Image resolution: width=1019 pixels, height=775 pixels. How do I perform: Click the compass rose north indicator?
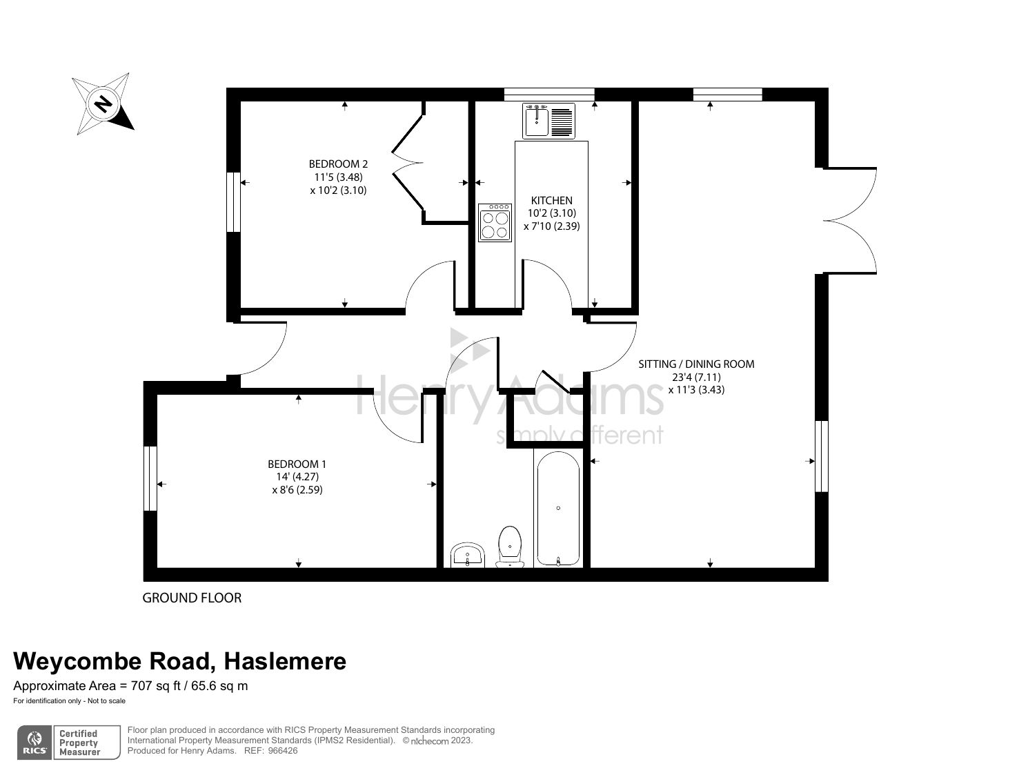click(103, 104)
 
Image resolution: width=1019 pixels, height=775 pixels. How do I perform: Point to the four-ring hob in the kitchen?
click(495, 222)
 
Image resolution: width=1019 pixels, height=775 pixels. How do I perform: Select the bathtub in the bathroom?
click(557, 509)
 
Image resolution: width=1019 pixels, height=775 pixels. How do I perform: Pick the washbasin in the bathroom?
click(468, 555)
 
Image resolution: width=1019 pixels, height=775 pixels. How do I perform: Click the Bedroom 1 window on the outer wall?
click(150, 478)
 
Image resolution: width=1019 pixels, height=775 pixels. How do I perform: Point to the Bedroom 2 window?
click(234, 202)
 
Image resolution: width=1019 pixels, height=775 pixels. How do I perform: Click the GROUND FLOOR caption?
click(192, 598)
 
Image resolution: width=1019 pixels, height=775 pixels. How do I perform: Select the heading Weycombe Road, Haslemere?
click(180, 661)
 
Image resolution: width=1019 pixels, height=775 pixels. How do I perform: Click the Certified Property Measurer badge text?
click(79, 743)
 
